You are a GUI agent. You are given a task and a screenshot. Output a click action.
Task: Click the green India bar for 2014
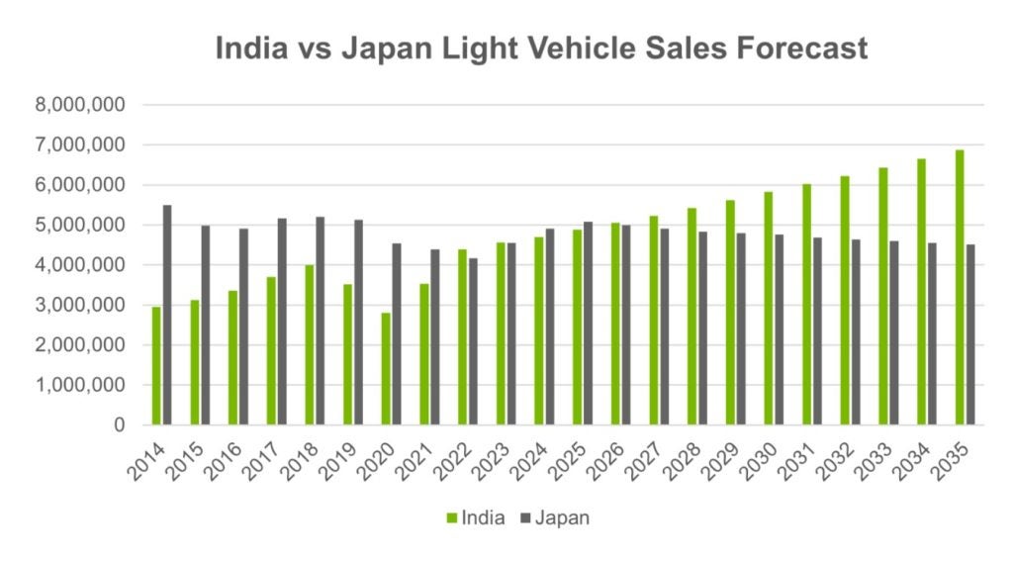click(156, 366)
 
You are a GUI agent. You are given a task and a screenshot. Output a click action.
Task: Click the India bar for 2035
click(959, 287)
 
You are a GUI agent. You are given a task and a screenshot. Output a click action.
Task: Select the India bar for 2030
click(768, 308)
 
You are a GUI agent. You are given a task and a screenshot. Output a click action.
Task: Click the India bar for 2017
click(271, 351)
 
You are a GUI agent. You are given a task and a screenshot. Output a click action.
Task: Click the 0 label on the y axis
click(119, 425)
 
